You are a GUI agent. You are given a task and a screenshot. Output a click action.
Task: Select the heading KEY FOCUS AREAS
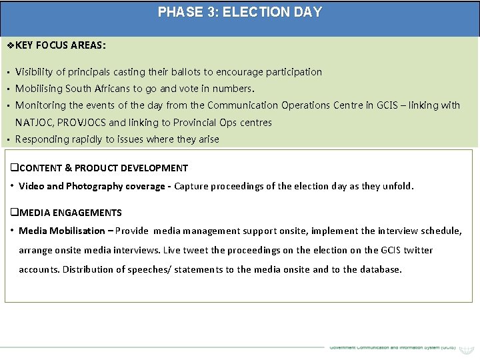[x=60, y=46]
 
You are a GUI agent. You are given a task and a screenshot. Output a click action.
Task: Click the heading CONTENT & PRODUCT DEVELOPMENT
[x=100, y=168]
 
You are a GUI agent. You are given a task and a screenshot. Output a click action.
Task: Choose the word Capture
[x=192, y=186]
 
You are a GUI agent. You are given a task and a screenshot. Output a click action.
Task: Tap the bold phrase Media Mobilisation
[x=62, y=231]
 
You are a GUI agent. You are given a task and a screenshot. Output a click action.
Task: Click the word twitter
[x=416, y=250]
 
